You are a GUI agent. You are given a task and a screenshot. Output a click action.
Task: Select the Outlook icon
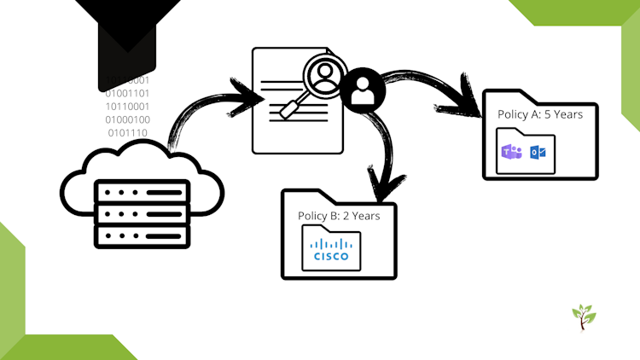tap(537, 152)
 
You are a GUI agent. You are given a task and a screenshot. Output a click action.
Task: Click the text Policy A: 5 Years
tap(540, 114)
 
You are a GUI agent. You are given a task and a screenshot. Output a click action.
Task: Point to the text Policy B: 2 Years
tap(339, 215)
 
